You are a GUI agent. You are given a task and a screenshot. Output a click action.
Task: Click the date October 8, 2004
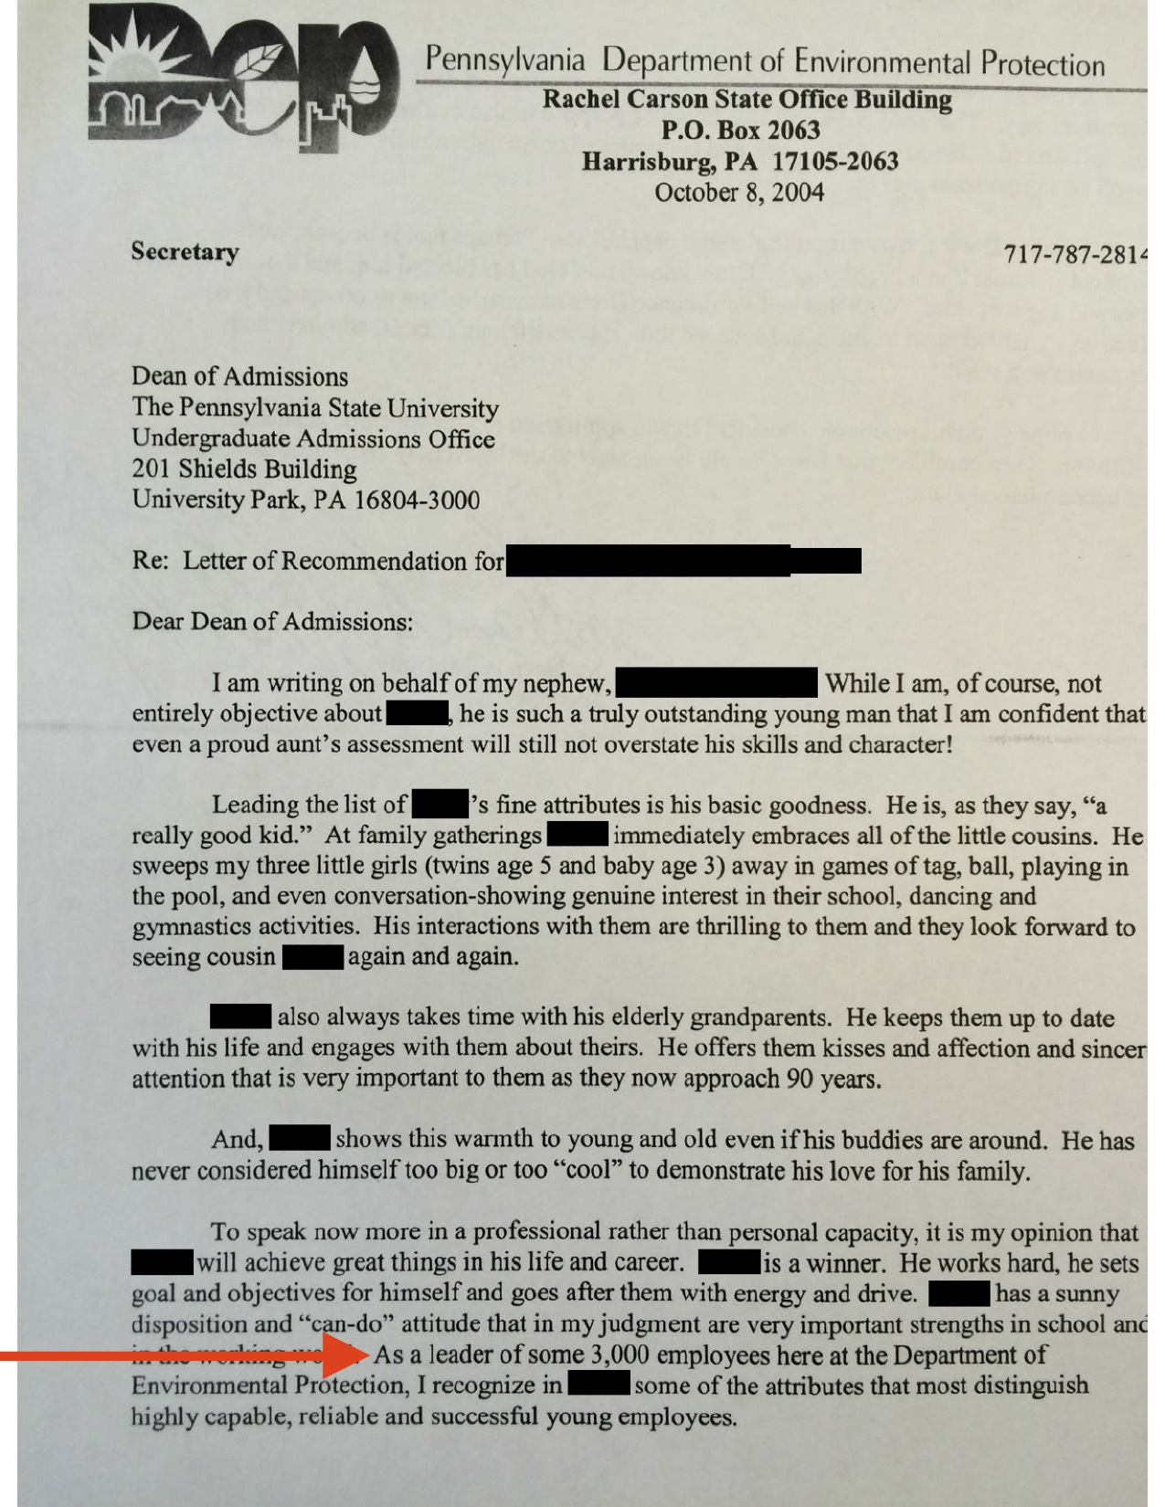(739, 193)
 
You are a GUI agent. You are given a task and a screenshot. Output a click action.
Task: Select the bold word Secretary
(185, 251)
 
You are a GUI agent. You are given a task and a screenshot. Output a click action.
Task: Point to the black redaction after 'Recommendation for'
(683, 560)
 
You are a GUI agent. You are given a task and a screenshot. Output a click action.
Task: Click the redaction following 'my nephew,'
(716, 682)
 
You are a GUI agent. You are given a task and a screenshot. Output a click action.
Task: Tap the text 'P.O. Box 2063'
(740, 131)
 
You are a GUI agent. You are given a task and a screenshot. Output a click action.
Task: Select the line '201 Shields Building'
(244, 469)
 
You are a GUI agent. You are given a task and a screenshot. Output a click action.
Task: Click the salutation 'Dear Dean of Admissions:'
(272, 621)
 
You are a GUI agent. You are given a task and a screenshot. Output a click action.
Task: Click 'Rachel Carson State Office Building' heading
(747, 99)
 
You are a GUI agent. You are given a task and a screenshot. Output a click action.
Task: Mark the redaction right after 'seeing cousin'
(313, 957)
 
